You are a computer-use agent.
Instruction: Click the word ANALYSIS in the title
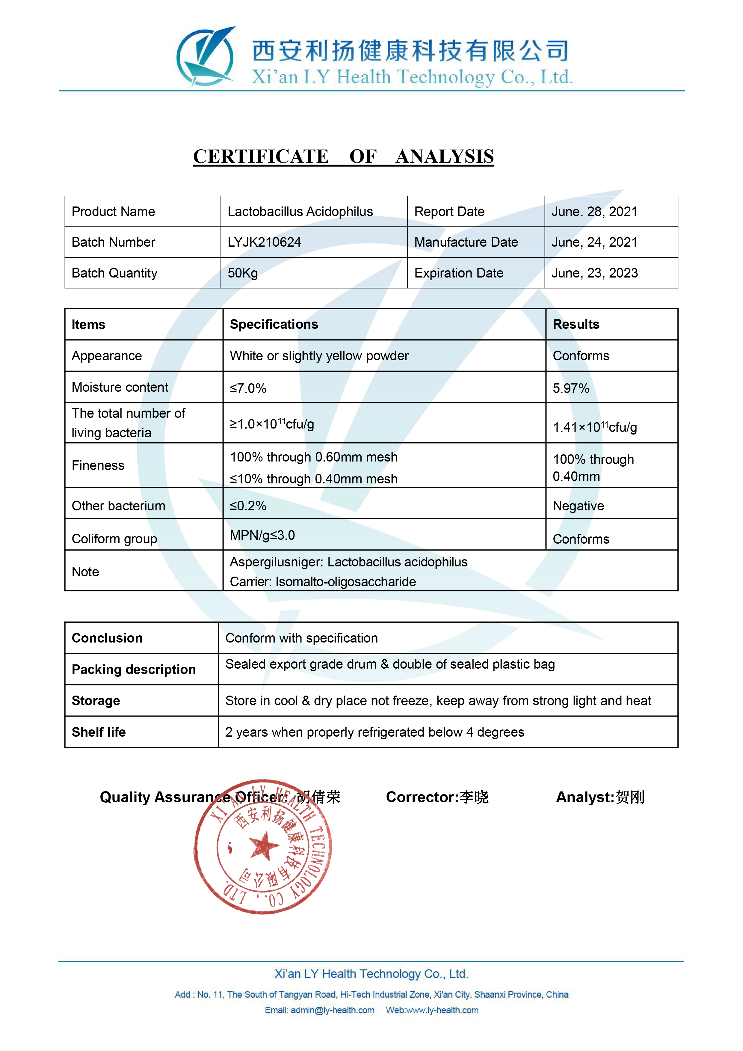[444, 156]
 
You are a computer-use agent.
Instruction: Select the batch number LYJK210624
[264, 242]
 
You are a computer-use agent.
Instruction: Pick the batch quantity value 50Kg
[242, 273]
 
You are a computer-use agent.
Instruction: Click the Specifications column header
[274, 324]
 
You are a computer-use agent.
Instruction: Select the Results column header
[576, 324]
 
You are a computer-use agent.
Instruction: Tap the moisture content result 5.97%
[570, 388]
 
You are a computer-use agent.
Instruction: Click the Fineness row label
[98, 465]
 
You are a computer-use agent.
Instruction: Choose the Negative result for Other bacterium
[578, 506]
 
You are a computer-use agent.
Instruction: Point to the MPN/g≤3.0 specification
[262, 535]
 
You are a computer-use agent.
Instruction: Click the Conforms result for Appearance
[581, 356]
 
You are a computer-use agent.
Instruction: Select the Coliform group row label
[114, 539]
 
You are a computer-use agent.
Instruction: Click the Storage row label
[96, 701]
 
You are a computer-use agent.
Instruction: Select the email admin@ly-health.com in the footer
[332, 1010]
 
